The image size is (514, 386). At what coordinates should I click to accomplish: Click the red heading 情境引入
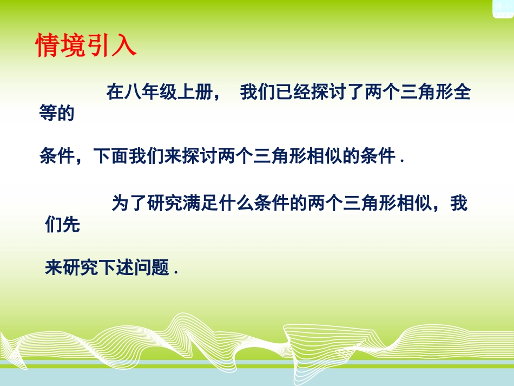pyautogui.click(x=86, y=46)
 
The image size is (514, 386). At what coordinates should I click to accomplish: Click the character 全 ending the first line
pyautogui.click(x=462, y=93)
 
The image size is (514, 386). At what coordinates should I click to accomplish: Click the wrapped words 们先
pyautogui.click(x=63, y=225)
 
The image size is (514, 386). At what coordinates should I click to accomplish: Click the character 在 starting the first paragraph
pyautogui.click(x=115, y=93)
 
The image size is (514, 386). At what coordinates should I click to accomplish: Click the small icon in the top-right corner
pyautogui.click(x=503, y=8)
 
